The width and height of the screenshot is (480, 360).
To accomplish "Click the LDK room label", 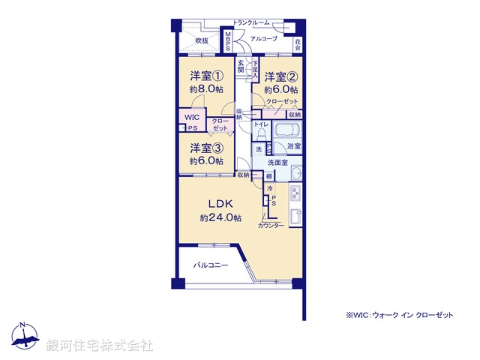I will (x=220, y=203).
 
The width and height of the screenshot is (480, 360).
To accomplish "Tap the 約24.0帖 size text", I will (x=220, y=217).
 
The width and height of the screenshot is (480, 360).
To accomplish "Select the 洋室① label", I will (x=205, y=76).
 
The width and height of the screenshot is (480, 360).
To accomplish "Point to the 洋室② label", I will (x=282, y=76).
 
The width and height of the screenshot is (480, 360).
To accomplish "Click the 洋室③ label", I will (x=205, y=148).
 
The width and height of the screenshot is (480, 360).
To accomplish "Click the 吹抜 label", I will (x=202, y=41).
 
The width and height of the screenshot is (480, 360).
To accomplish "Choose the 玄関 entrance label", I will (x=241, y=67).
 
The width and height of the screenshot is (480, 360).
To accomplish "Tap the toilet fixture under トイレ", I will (x=259, y=133).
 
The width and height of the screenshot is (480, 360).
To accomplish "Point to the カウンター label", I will (x=271, y=226).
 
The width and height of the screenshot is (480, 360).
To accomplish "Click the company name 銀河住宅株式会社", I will (x=100, y=345).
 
